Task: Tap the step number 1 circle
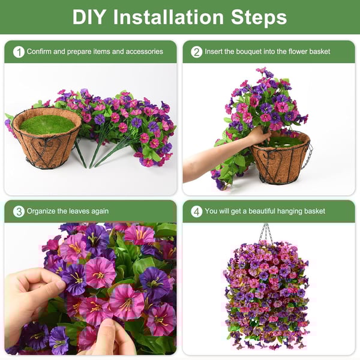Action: pos(19,52)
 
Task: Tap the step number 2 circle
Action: pos(196,52)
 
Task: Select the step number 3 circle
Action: pos(19,211)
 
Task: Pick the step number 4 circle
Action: pos(196,211)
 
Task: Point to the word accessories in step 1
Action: pos(143,52)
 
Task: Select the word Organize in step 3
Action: pos(41,211)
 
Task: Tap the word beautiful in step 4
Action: pos(263,211)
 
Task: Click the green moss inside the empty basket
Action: pos(47,124)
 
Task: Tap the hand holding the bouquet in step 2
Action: pos(258,137)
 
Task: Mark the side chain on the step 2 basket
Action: pos(308,157)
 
